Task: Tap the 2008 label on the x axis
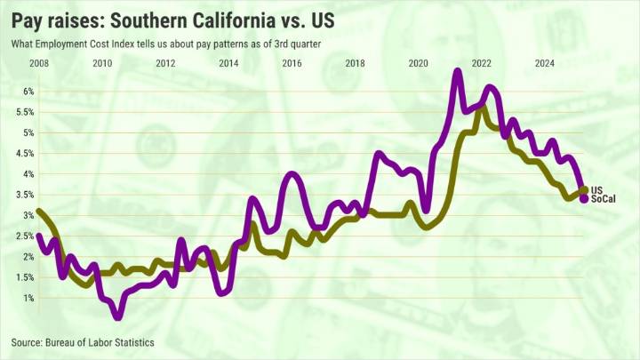pos(38,63)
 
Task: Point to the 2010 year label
pos(102,63)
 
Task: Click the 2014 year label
pos(228,63)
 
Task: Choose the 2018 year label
pos(355,63)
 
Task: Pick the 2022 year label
pos(482,63)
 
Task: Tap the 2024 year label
pos(545,63)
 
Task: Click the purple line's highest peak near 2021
pos(457,71)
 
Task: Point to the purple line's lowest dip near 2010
pos(118,316)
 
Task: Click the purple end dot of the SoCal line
pos(584,199)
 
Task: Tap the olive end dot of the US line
pos(584,189)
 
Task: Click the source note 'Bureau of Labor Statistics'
pos(83,342)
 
